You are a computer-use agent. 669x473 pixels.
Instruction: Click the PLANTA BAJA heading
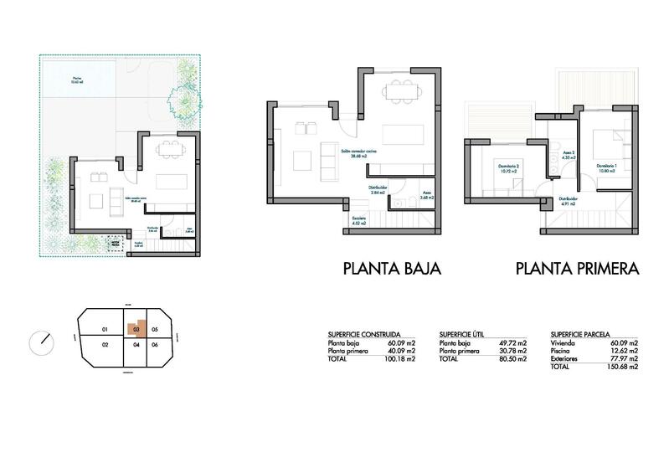point(392,269)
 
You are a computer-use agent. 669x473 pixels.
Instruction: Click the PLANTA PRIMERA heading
point(578,269)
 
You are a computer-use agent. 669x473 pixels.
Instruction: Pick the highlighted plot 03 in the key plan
point(134,329)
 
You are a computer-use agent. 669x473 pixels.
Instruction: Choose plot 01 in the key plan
point(104,329)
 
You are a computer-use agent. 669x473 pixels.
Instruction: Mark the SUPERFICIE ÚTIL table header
point(464,333)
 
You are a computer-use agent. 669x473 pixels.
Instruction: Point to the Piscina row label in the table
point(564,351)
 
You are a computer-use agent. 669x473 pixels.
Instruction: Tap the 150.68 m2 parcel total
point(622,367)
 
